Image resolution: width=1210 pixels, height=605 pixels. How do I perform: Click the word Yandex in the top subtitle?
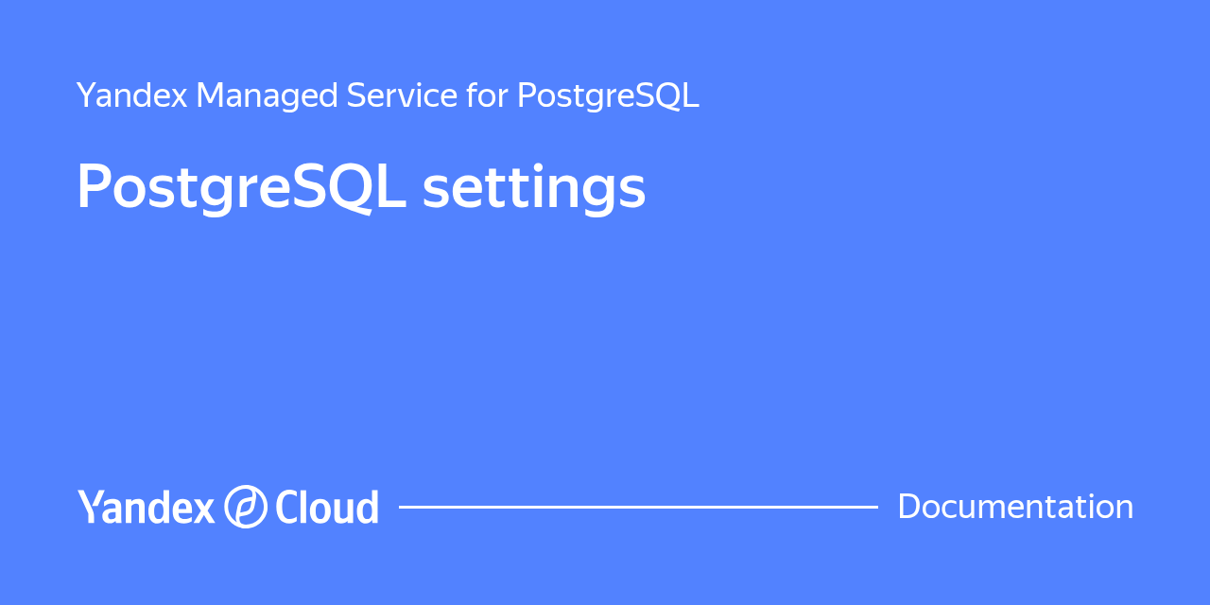pyautogui.click(x=131, y=95)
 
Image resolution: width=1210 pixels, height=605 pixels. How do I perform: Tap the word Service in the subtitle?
pyautogui.click(x=402, y=95)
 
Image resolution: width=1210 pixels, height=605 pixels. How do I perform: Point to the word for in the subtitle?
pyautogui.click(x=487, y=95)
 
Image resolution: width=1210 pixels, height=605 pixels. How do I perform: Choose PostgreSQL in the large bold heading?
pyautogui.click(x=241, y=187)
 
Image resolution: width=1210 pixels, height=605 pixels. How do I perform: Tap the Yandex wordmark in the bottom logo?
pyautogui.click(x=146, y=507)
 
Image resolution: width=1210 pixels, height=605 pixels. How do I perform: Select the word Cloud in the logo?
pyautogui.click(x=327, y=507)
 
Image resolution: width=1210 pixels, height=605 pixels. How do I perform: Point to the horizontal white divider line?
pyautogui.click(x=638, y=508)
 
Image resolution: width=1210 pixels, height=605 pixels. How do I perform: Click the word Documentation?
pyautogui.click(x=1015, y=507)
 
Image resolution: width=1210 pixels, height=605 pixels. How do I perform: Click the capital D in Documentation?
pyautogui.click(x=910, y=507)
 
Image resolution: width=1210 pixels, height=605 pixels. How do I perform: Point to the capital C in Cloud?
pyautogui.click(x=287, y=507)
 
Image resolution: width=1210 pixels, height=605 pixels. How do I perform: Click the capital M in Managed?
pyautogui.click(x=213, y=95)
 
